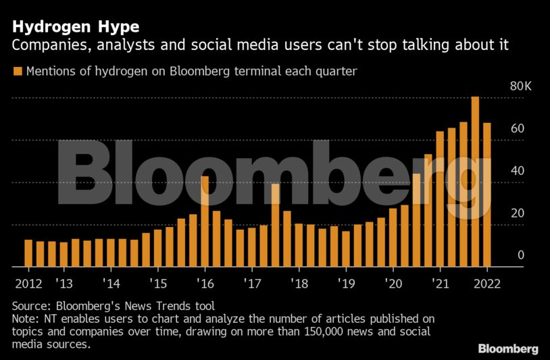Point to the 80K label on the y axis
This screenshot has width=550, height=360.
click(521, 86)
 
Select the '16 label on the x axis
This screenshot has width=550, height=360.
click(204, 284)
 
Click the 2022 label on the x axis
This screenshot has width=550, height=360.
click(486, 284)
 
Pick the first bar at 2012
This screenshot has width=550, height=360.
click(28, 253)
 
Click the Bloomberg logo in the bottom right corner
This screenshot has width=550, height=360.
click(508, 349)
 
